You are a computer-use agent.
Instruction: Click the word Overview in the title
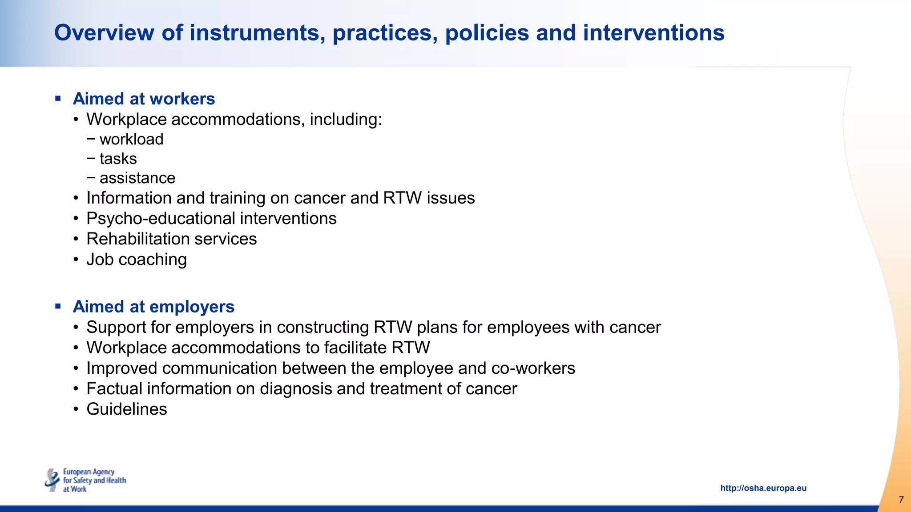pos(104,33)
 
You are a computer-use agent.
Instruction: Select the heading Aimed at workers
pos(144,99)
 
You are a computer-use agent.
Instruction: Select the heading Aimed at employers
pos(153,307)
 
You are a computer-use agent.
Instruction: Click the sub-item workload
pos(131,139)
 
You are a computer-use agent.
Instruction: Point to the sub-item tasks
pos(118,159)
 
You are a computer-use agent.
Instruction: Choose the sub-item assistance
pos(137,178)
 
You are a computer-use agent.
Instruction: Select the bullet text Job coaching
pos(137,260)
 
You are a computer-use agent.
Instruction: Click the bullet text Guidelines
pos(127,409)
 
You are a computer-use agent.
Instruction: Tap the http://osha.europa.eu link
pos(763,488)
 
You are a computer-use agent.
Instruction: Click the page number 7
pos(901,500)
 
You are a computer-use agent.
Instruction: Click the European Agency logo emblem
pos(52,480)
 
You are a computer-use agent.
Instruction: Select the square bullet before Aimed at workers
pos(58,99)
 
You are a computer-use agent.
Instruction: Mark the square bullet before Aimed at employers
pos(58,306)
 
